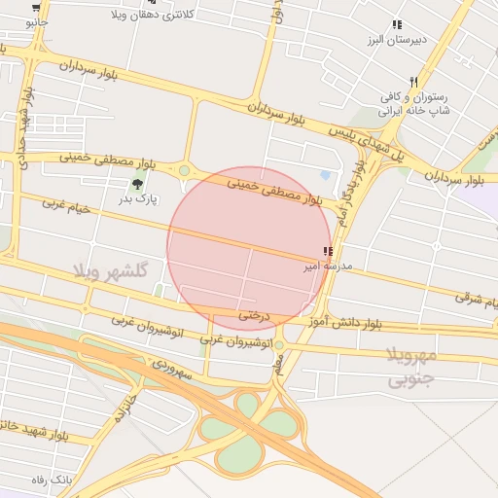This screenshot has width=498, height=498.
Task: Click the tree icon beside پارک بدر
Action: coord(136,182)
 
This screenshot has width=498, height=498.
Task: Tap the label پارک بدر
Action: coord(138,197)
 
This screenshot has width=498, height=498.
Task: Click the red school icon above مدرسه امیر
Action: coord(327,252)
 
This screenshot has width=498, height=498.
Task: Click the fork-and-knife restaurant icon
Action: coord(413,82)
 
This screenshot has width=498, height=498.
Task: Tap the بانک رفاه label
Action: coord(53,480)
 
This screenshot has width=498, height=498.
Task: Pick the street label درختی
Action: coord(252,314)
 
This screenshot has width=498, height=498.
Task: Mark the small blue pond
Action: coord(325,175)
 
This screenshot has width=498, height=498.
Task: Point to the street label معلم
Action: coord(281,365)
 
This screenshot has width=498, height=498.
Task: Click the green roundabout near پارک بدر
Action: coord(184,171)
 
